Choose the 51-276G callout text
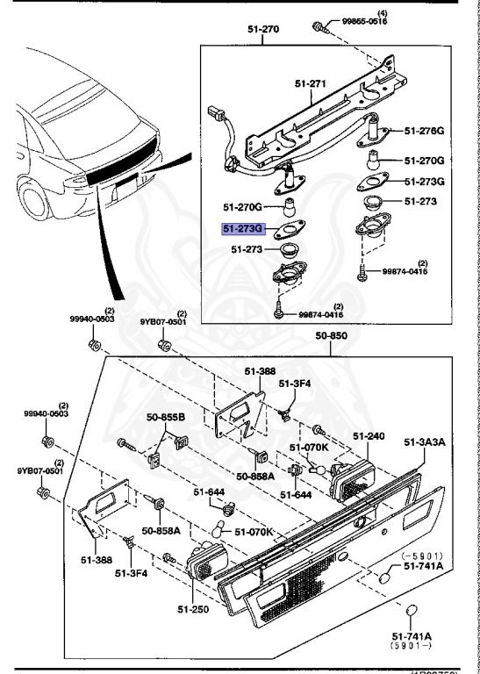pyautogui.click(x=424, y=131)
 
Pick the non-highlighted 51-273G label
pyautogui.click(x=424, y=182)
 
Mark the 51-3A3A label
pyautogui.click(x=425, y=441)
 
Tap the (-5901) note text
pyautogui.click(x=423, y=556)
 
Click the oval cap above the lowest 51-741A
pyautogui.click(x=409, y=611)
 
